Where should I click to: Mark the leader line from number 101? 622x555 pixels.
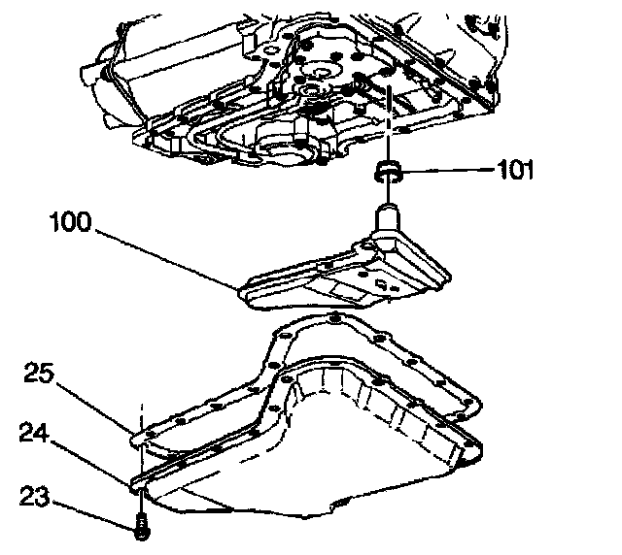(x=447, y=173)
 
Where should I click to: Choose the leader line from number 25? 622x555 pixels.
(x=92, y=405)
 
